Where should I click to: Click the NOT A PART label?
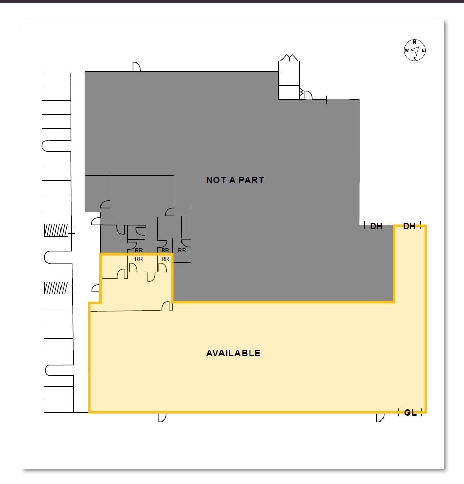click(235, 180)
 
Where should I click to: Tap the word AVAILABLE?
click(233, 353)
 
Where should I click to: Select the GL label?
click(410, 413)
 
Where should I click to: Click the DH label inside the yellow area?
click(409, 226)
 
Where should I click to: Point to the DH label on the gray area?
click(376, 226)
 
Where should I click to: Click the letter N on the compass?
click(414, 43)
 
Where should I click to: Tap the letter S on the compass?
click(414, 58)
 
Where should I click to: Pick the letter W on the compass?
click(407, 51)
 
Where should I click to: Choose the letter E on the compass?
click(423, 51)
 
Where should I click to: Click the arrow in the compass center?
click(415, 50)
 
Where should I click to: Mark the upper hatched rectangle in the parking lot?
click(56, 230)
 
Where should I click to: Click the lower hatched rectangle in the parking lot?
click(56, 288)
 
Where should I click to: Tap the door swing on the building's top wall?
click(137, 67)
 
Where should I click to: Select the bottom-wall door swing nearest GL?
click(380, 417)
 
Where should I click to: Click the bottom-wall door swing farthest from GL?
click(162, 417)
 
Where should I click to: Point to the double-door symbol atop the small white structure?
click(288, 57)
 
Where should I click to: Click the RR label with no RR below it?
click(182, 250)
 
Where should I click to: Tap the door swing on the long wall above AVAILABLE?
click(166, 306)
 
